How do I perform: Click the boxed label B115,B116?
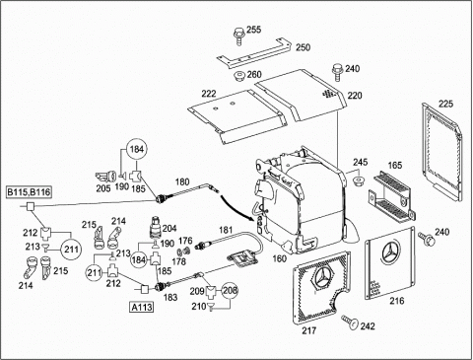(30, 191)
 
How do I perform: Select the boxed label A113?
(142, 307)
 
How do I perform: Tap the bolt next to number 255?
(238, 36)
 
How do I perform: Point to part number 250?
(303, 47)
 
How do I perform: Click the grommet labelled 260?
(239, 77)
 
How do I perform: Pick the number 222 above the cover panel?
(209, 94)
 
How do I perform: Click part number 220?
(355, 96)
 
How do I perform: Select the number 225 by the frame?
(445, 104)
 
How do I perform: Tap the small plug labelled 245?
(358, 180)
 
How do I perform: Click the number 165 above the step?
(394, 165)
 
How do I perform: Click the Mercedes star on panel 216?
(391, 252)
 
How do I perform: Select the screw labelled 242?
(350, 322)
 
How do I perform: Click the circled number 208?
(231, 290)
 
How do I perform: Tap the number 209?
(197, 291)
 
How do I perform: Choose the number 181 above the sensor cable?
(226, 230)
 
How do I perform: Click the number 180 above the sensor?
(182, 181)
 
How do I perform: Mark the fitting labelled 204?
(156, 227)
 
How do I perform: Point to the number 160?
(280, 258)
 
